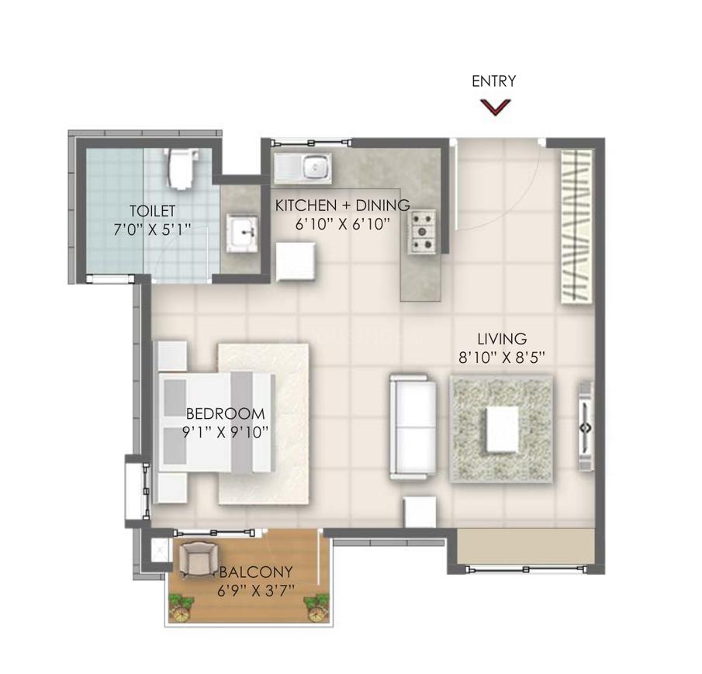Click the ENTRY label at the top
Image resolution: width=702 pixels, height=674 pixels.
[x=494, y=81]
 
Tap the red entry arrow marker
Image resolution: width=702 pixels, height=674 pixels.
[x=495, y=107]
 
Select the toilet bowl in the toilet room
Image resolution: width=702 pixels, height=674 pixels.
[x=182, y=168]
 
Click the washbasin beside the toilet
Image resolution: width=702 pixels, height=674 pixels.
[x=242, y=232]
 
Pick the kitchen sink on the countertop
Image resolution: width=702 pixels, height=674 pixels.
[x=303, y=169]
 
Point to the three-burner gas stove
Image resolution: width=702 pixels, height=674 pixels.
[x=422, y=232]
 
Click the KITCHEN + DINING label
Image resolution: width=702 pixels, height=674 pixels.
[x=342, y=206]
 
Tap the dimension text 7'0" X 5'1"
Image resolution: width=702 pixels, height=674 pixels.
[x=152, y=230]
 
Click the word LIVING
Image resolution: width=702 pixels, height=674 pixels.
[x=502, y=339]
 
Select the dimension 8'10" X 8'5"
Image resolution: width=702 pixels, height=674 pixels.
[x=501, y=357]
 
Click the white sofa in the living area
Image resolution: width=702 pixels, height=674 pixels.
[x=413, y=427]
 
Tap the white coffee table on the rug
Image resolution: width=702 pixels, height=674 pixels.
[x=503, y=429]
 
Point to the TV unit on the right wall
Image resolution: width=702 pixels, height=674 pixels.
[x=586, y=426]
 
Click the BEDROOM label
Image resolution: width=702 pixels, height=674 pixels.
[x=225, y=413]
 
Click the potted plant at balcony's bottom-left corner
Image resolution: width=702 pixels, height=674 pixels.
[x=182, y=607]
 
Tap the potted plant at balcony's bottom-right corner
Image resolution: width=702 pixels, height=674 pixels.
[x=317, y=607]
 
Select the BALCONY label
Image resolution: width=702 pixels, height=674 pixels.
[x=256, y=572]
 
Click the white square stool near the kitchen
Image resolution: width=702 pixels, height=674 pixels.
[x=296, y=261]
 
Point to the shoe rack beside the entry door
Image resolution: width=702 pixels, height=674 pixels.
[x=576, y=227]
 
